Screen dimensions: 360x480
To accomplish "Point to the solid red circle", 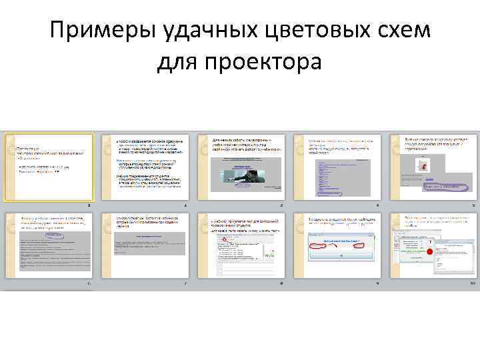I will pos(430,252).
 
